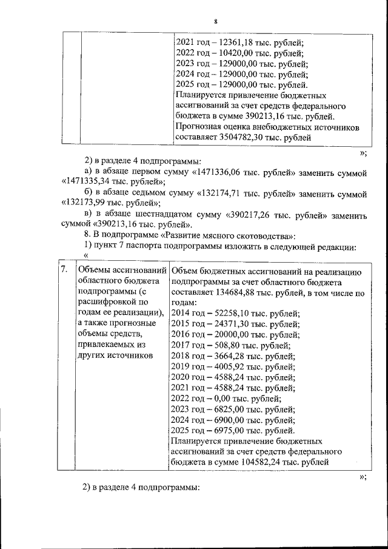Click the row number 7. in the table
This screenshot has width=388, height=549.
click(x=63, y=270)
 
